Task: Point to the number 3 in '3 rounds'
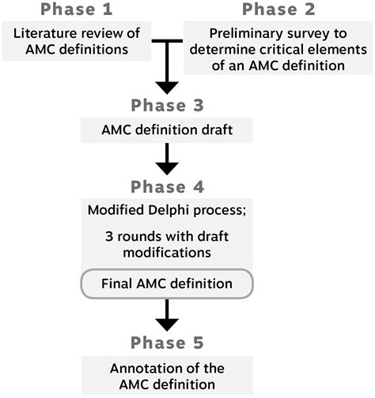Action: point(108,236)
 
